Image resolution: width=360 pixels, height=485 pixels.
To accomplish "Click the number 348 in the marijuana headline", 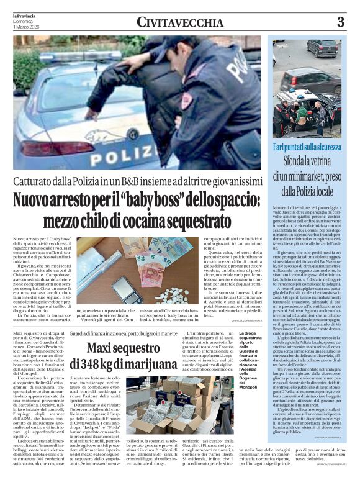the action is pos(104,363).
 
